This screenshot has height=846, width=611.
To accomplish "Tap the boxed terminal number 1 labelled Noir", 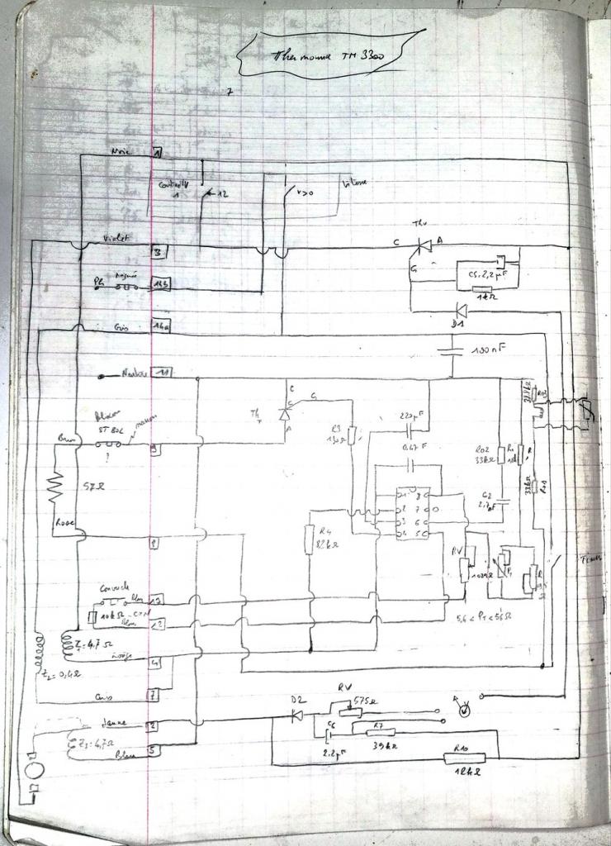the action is coord(158,154).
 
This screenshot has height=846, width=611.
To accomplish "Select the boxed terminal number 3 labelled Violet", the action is coord(157,251).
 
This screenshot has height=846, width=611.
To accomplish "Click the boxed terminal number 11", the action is coord(164,373).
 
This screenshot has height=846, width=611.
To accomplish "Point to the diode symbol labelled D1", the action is coord(462,311).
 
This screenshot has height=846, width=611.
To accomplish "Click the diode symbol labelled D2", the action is coord(296,715).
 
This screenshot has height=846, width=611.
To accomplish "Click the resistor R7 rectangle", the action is coord(377,730).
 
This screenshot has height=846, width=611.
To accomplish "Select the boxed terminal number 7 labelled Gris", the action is coord(154,695).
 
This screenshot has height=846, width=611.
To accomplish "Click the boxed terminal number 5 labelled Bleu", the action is coord(154,751).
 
